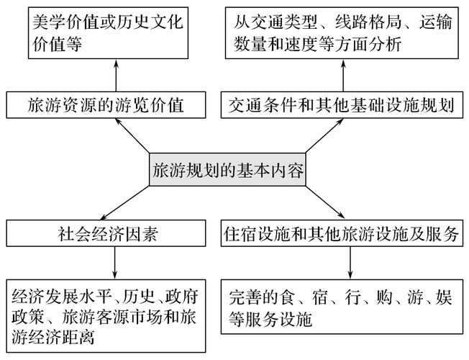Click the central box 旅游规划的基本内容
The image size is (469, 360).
coord(227,169)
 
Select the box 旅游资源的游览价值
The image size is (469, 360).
coord(106,105)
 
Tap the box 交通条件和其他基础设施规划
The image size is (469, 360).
coord(342,105)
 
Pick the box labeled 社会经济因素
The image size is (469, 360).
coord(106,233)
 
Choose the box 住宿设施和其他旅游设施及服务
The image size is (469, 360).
coord(342,233)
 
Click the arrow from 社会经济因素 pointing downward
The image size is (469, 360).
coord(114,263)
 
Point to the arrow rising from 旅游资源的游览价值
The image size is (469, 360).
coord(116,75)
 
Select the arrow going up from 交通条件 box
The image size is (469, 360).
coord(343,75)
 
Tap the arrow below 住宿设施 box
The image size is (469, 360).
coord(350,263)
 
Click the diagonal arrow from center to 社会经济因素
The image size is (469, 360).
coord(125,203)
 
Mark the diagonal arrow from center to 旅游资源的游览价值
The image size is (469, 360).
coord(132,135)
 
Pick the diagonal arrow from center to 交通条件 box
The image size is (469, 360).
coord(324,135)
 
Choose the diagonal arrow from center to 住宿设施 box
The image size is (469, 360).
coord(325,202)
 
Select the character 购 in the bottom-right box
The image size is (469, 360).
coord(384,297)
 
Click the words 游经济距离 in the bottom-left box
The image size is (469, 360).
coord(53,337)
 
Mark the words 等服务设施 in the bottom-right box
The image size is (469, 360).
coord(270,319)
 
